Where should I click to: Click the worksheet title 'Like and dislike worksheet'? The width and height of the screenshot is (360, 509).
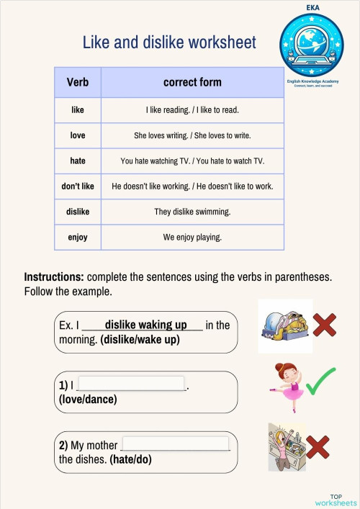[169, 42]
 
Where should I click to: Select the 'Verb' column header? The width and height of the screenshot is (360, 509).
[78, 83]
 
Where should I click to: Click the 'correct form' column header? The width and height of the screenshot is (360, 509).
[192, 83]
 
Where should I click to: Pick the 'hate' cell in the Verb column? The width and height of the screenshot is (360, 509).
[78, 161]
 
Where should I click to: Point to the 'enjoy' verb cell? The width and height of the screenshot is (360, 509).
[78, 237]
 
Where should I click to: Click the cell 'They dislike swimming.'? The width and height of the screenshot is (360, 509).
[192, 212]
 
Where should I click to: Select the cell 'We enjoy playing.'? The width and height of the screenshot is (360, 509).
[192, 237]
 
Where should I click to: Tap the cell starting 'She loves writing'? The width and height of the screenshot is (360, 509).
[192, 135]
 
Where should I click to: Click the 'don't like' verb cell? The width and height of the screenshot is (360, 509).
[78, 186]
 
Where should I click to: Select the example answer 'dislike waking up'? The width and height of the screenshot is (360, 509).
[145, 325]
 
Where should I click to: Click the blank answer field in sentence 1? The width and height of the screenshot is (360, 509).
[131, 384]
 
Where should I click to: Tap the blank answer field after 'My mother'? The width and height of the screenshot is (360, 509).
[176, 444]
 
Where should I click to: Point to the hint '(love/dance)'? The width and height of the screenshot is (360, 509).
[88, 400]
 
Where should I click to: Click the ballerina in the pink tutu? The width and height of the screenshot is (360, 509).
[285, 385]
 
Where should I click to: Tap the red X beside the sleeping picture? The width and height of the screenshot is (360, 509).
[323, 325]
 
